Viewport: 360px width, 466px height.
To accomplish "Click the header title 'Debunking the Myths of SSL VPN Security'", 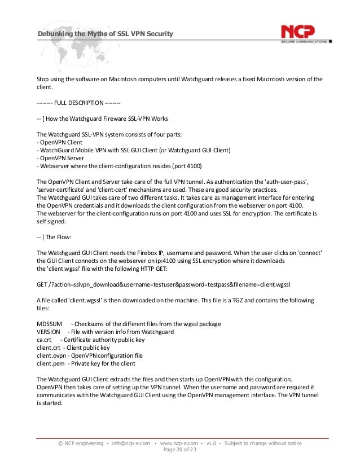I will point(104,35).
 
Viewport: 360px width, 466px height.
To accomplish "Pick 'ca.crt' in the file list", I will point(45,340).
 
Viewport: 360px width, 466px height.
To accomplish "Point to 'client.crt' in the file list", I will point(48,348).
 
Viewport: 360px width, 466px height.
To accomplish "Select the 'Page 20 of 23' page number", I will point(180,450).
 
